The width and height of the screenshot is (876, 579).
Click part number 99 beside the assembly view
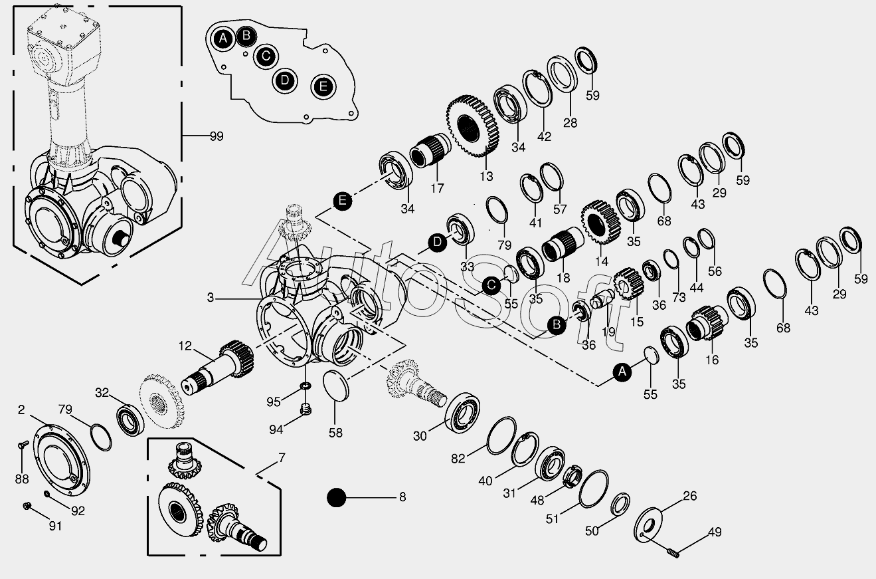coord(216,136)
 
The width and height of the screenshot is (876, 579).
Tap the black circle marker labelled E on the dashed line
coord(342,201)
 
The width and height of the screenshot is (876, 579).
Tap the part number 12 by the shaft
coord(185,346)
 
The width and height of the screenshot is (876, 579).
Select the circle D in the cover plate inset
coord(284,80)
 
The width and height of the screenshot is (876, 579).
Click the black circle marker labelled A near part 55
coord(622,373)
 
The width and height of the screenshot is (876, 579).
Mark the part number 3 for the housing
coord(211,298)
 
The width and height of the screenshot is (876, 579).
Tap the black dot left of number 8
coord(337,497)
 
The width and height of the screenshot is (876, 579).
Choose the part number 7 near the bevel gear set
coord(282,458)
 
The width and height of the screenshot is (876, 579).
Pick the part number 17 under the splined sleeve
coord(436,189)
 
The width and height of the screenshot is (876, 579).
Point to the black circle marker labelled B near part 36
coord(557,324)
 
